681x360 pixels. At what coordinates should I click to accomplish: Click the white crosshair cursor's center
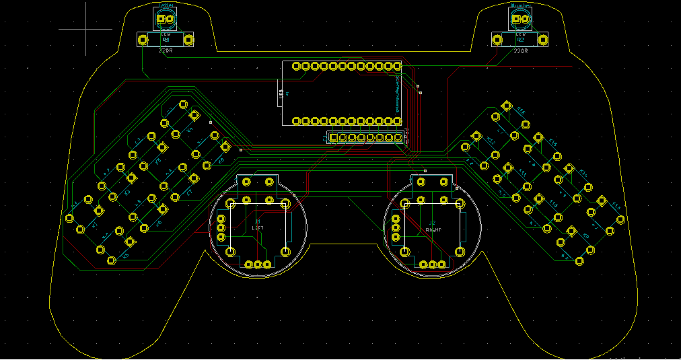pos(86,29)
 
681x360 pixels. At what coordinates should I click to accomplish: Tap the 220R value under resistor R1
pos(166,50)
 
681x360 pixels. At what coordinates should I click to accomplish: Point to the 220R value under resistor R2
pos(520,50)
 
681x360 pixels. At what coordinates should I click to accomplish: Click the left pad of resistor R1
pos(143,40)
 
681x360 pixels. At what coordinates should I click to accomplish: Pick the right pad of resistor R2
pos(543,40)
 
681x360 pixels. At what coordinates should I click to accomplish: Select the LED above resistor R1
pos(166,20)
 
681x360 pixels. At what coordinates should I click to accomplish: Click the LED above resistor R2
pos(520,20)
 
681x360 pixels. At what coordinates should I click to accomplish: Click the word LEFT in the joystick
pos(257,228)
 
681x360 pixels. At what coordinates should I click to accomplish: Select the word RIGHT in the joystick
pos(433,229)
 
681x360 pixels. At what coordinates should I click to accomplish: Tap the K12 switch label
pos(491,142)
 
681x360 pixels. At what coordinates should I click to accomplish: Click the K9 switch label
pos(585,236)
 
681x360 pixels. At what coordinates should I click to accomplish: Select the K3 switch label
pos(159,161)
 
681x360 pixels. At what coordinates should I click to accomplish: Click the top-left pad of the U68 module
pos(296,66)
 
